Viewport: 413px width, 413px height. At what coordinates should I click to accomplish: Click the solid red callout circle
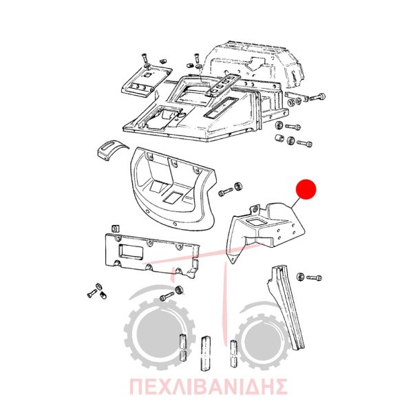306,189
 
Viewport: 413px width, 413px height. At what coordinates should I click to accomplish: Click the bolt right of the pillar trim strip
314,277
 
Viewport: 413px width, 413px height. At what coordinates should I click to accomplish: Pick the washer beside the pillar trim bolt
300,277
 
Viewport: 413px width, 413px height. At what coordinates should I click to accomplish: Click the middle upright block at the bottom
205,353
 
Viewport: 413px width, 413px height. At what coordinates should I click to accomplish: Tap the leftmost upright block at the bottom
183,347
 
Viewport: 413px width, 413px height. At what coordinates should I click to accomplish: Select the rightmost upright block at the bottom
233,353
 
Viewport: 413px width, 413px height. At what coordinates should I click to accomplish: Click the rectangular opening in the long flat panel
130,252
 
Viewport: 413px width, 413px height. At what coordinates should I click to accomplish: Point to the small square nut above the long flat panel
115,228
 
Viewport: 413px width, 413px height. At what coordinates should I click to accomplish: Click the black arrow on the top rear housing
254,62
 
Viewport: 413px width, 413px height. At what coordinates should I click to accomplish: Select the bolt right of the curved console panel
226,192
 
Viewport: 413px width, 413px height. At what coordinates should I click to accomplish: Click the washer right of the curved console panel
239,187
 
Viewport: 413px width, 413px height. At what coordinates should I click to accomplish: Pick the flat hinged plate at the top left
146,83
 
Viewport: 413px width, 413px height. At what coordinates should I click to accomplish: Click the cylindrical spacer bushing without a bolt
279,138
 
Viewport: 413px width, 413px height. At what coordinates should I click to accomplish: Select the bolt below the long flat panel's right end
167,297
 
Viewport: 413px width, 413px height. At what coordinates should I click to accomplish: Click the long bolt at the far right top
317,97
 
